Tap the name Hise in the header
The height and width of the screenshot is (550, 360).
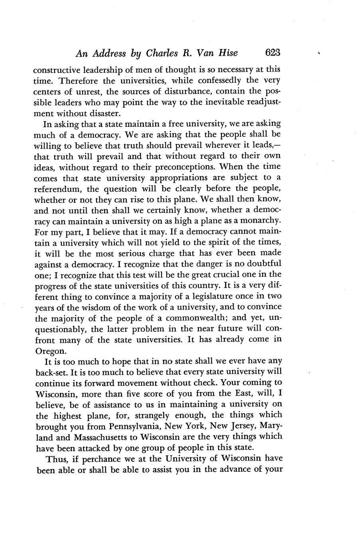(x=228, y=53)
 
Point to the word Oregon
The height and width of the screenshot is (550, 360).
(x=49, y=351)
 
